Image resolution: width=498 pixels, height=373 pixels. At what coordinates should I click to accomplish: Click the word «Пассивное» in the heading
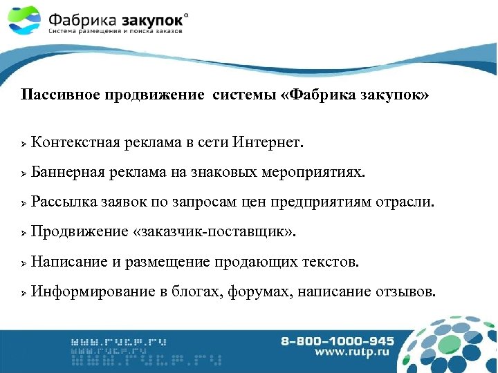[58, 95]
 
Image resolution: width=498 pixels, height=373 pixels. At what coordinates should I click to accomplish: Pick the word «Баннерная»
[68, 173]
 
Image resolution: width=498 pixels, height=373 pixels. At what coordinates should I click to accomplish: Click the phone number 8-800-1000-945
[338, 341]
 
